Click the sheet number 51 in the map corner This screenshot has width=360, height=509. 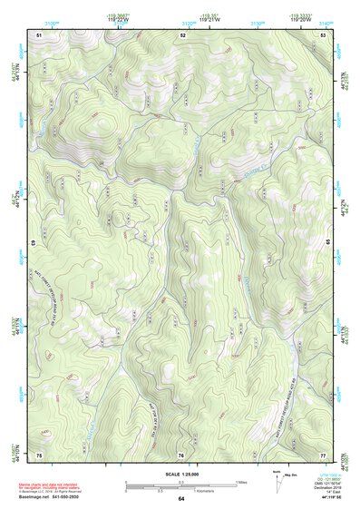click(39, 34)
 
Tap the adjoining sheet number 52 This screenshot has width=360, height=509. click(182, 34)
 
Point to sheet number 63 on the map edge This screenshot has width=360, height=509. click(34, 243)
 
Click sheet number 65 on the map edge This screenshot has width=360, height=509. click(327, 243)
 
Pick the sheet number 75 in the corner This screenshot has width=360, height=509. click(39, 454)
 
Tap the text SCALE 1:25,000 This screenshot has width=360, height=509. click(180, 474)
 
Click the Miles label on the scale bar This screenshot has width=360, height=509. click(241, 481)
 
